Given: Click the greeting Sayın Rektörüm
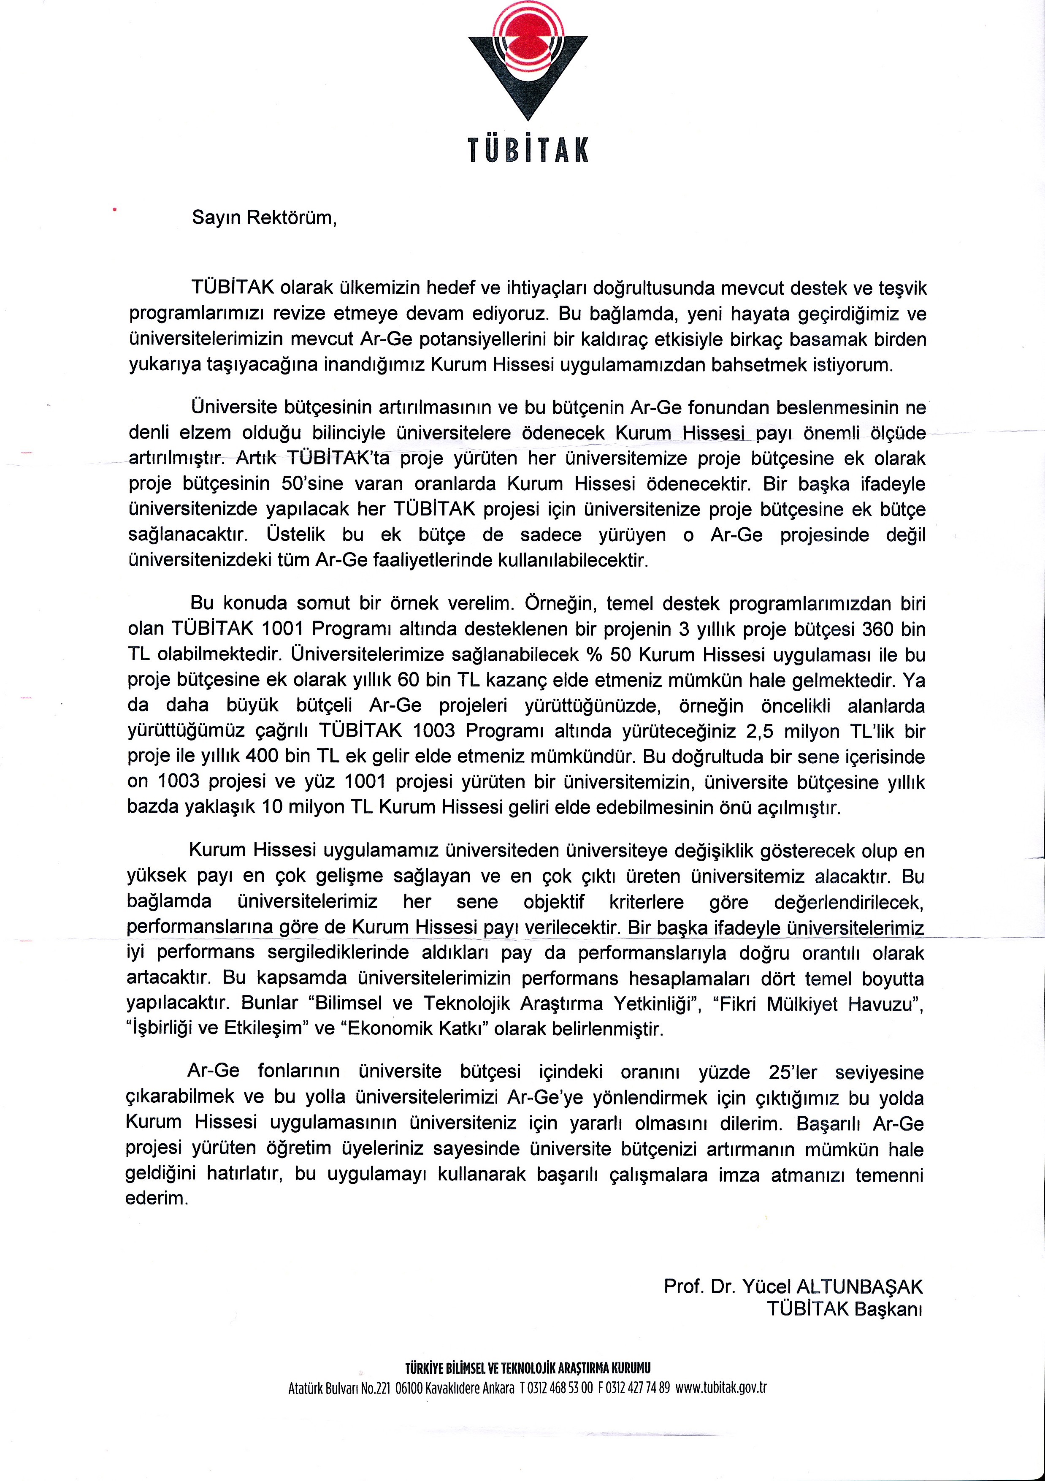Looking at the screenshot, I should pyautogui.click(x=264, y=217).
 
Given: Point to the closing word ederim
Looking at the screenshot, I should pyautogui.click(x=156, y=1199).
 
